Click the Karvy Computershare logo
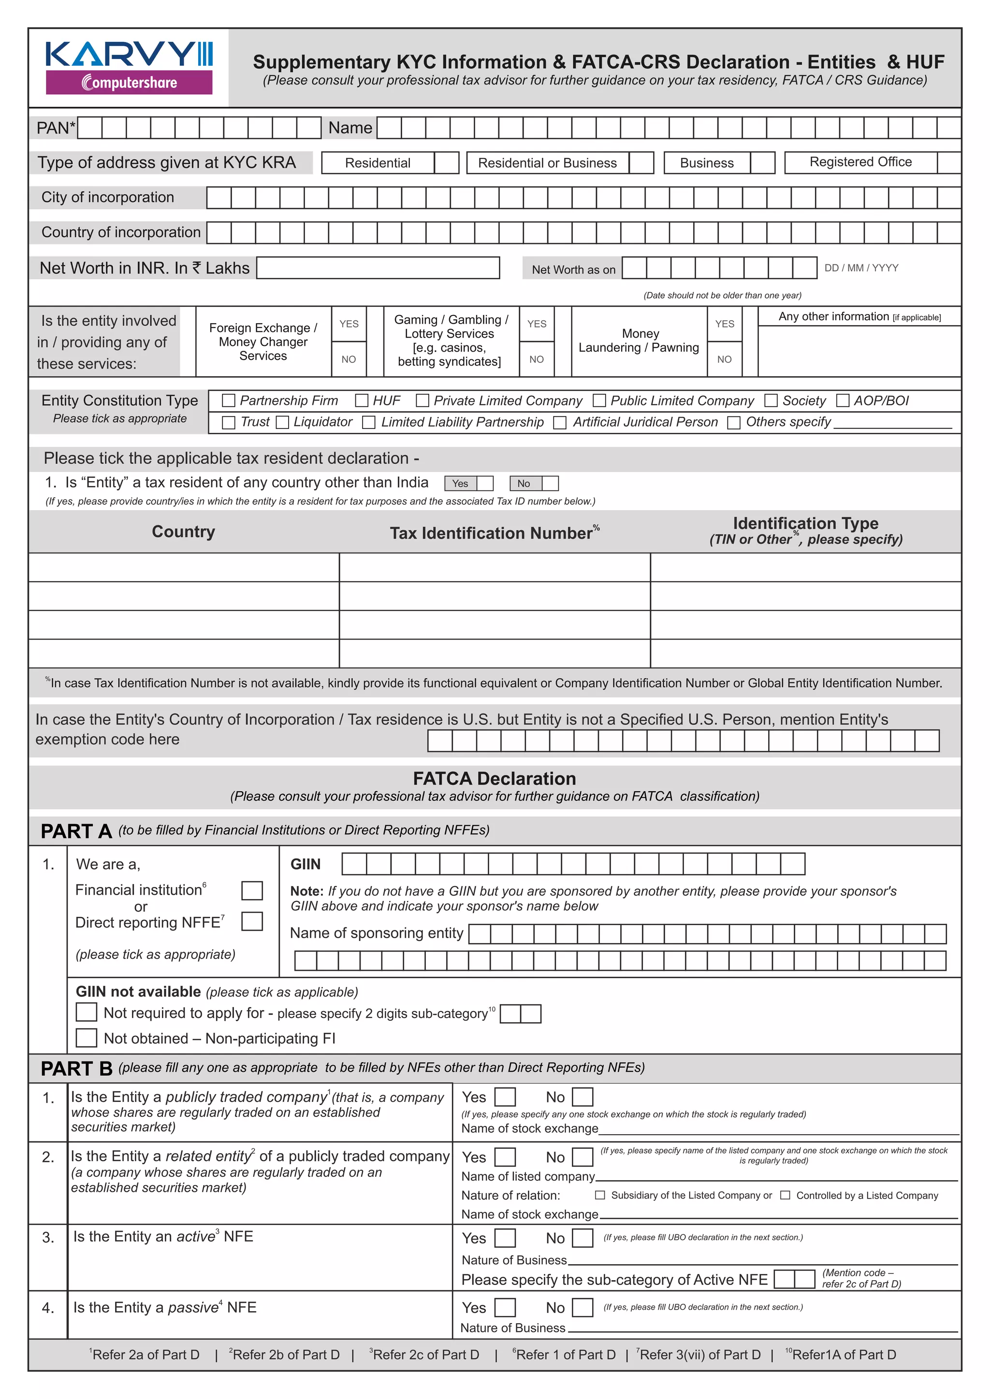[x=129, y=68]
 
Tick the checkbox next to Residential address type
[x=446, y=163]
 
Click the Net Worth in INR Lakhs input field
[x=378, y=268]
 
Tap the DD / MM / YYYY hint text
[x=861, y=268]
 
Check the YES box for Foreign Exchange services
[x=375, y=324]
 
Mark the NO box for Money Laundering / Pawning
[x=750, y=359]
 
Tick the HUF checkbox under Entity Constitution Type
[x=362, y=400]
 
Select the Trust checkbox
[x=229, y=422]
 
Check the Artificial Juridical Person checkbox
[x=560, y=422]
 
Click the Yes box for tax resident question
[x=485, y=483]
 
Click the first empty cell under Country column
[x=184, y=567]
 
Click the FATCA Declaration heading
[x=495, y=779]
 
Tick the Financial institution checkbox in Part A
[x=252, y=890]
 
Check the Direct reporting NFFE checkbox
[x=252, y=921]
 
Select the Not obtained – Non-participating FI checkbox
[x=87, y=1038]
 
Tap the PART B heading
[x=76, y=1068]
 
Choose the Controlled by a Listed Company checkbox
[x=785, y=1196]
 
